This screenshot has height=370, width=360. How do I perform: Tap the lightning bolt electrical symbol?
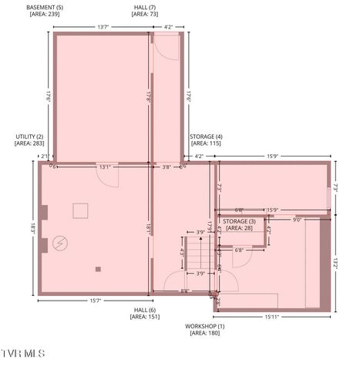(x=59, y=244)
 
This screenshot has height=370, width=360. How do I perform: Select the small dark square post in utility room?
(x=98, y=269)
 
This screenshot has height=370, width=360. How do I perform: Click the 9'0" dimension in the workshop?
(x=298, y=220)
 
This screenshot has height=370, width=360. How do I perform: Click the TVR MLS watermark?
(x=23, y=354)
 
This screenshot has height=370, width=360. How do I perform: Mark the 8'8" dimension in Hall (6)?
(x=186, y=291)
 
